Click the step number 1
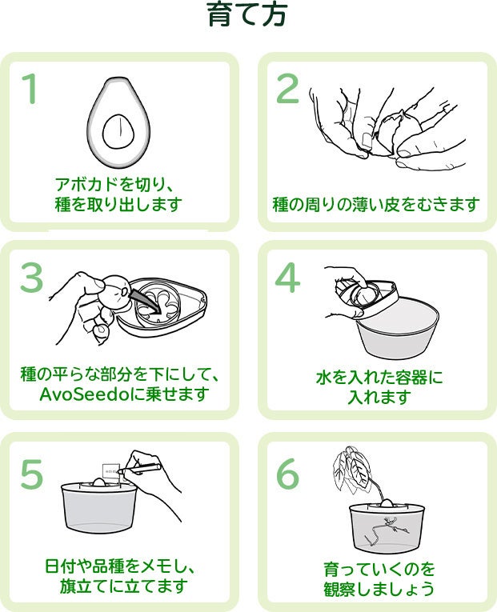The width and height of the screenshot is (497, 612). click(x=30, y=88)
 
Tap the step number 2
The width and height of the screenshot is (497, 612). click(x=287, y=88)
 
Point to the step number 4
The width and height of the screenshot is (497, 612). click(x=287, y=278)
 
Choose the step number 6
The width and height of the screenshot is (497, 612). click(x=287, y=474)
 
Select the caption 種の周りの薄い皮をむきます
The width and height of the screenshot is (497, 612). click(x=376, y=204)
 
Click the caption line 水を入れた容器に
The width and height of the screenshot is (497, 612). click(x=379, y=376)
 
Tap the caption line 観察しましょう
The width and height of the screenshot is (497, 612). click(x=379, y=590)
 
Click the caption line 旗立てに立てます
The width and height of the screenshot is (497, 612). click(x=123, y=586)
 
